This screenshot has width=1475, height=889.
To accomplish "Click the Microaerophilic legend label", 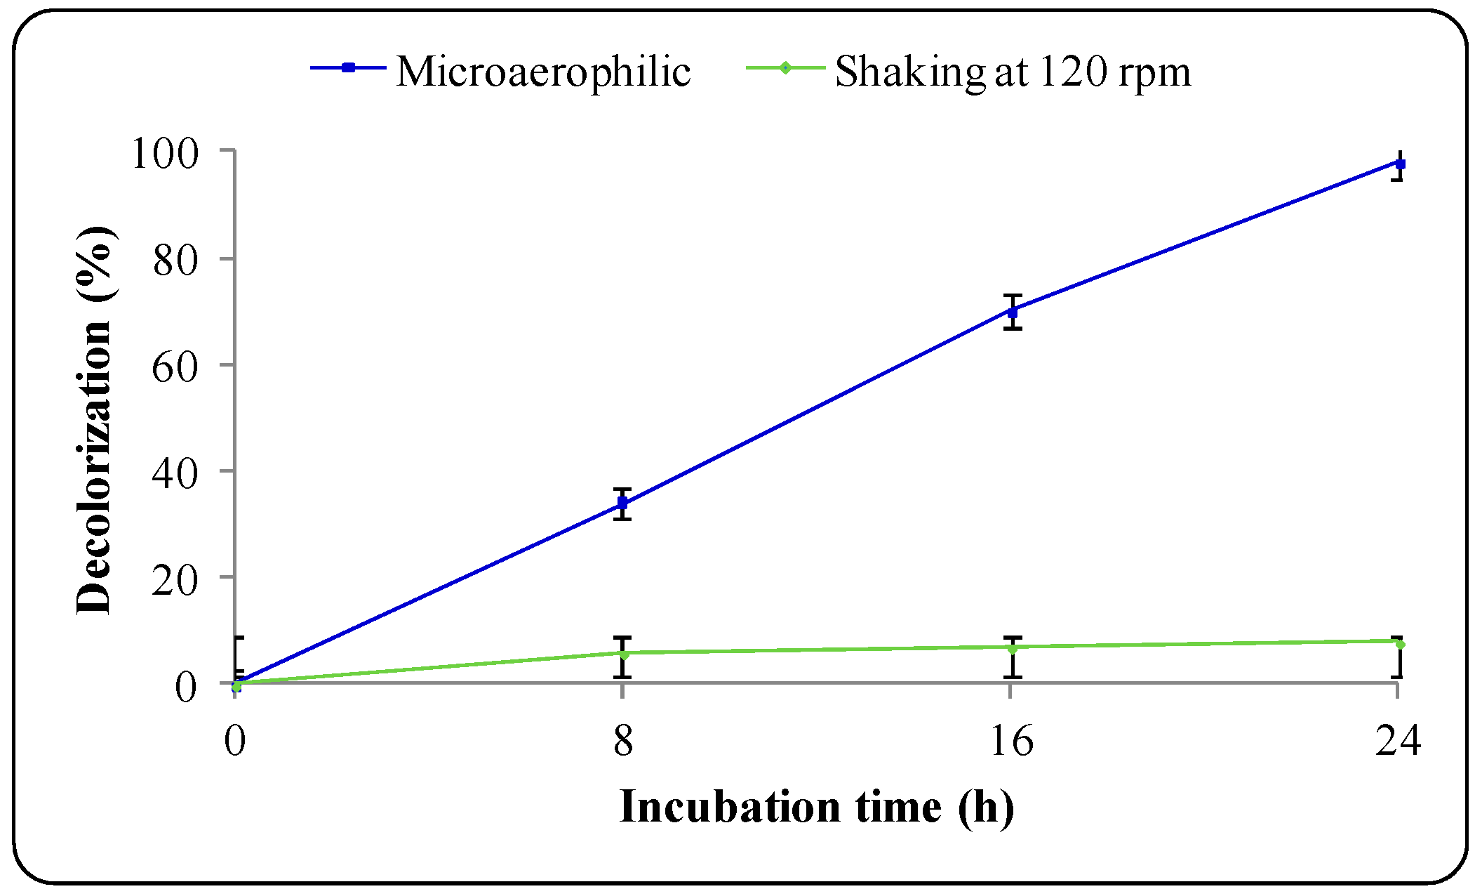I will [x=543, y=71].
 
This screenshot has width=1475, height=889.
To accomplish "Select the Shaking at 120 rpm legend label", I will [x=1012, y=71].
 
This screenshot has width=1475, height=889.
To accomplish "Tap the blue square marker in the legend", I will [x=348, y=67].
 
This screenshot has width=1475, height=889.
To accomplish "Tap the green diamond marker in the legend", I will [x=785, y=67].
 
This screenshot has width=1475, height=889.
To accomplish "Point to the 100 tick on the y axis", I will [x=165, y=152].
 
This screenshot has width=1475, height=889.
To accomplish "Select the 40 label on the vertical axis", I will [x=174, y=473].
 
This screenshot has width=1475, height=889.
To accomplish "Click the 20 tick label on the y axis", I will [x=174, y=579].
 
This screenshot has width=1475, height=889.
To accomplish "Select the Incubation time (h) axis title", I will [x=816, y=807].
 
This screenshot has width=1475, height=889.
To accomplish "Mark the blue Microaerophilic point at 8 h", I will [x=622, y=503].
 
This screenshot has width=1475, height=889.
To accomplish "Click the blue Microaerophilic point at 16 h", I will [x=1012, y=312].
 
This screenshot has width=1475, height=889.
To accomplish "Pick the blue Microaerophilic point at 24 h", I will [x=1400, y=164].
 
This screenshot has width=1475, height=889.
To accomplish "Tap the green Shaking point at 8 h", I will [x=623, y=654].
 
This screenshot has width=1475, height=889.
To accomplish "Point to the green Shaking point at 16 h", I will [x=1012, y=648].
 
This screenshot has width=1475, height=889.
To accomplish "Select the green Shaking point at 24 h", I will [x=1400, y=643].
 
